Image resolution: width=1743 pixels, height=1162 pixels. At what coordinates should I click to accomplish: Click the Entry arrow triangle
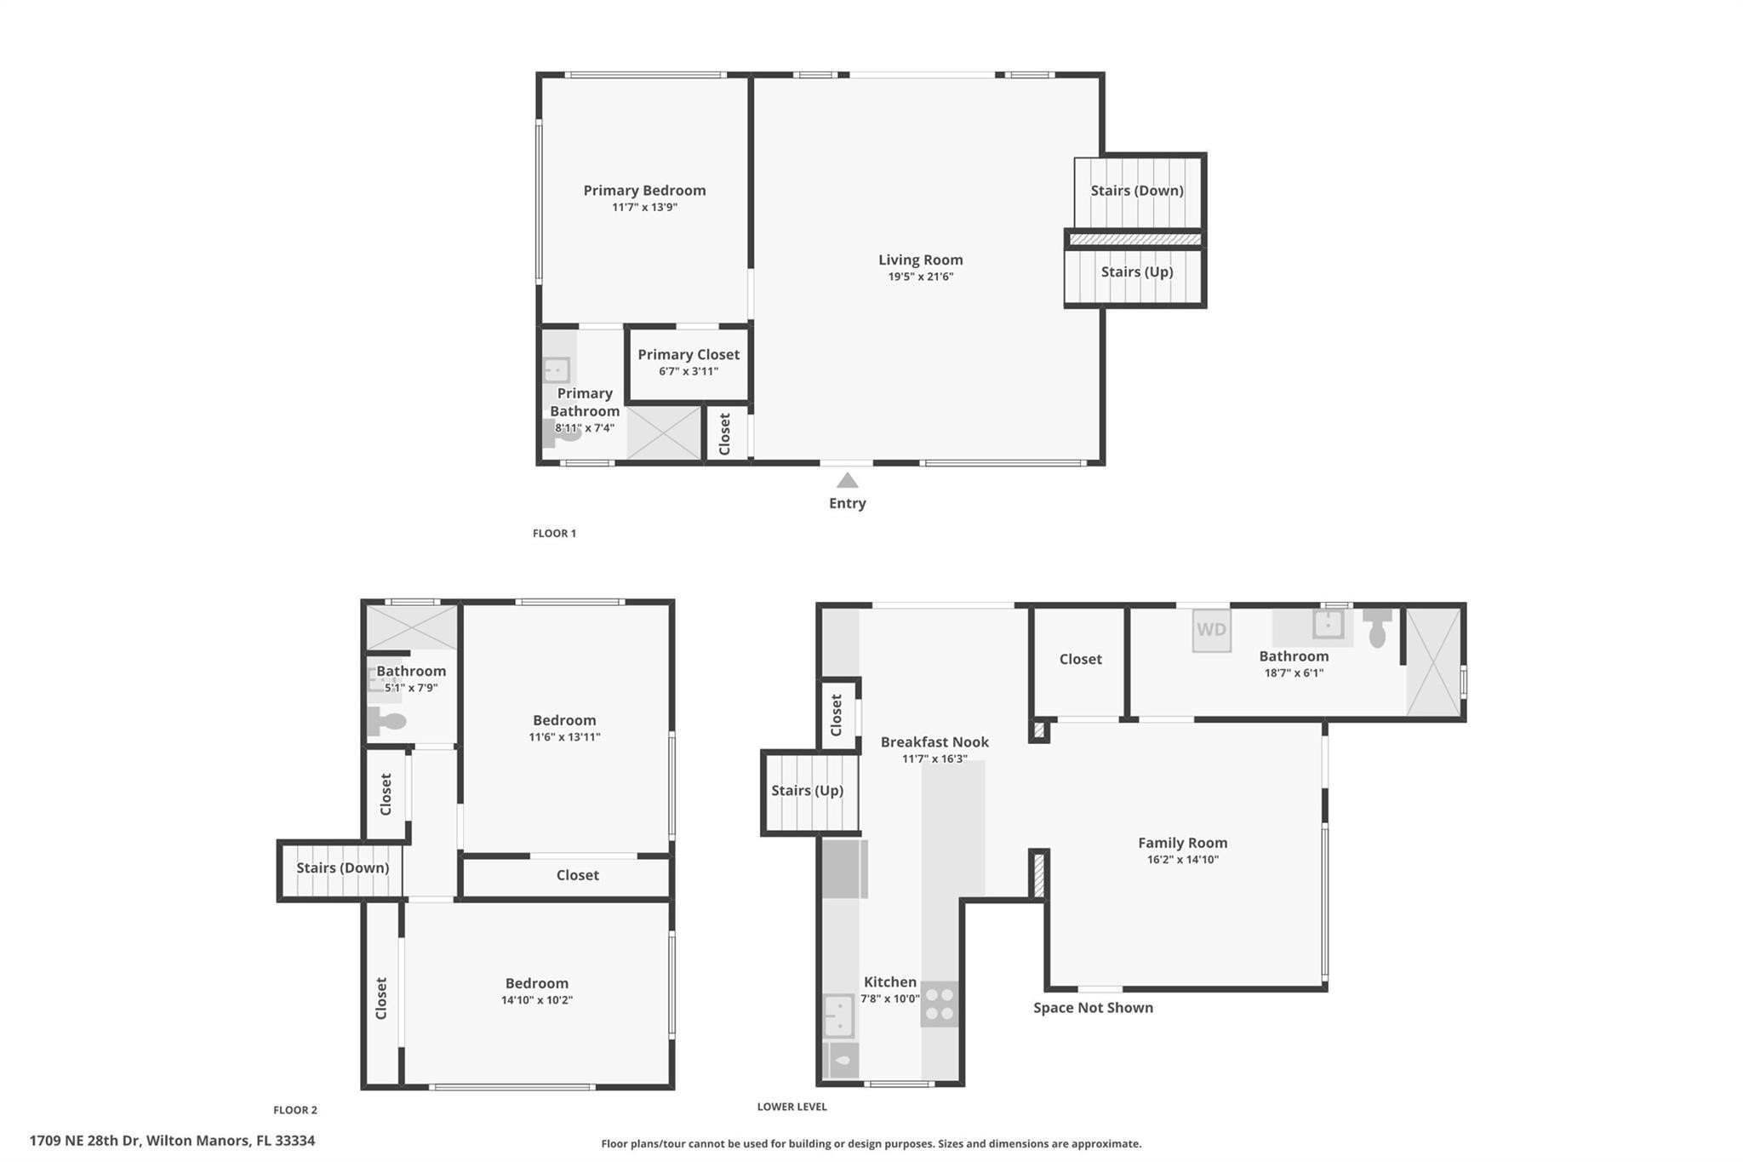(847, 480)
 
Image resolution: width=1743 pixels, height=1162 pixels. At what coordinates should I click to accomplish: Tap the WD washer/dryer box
(1211, 630)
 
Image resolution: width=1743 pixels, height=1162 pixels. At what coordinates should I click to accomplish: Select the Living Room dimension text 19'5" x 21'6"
(920, 277)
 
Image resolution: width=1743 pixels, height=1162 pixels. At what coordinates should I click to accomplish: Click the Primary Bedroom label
(644, 190)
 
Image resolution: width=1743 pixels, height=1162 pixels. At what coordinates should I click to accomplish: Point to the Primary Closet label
(689, 354)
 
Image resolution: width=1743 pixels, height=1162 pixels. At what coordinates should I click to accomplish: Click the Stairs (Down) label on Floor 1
(1137, 191)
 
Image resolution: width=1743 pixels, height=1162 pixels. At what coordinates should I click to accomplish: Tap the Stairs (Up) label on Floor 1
(1137, 272)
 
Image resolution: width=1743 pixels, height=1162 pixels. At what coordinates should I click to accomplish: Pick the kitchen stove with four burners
(940, 1004)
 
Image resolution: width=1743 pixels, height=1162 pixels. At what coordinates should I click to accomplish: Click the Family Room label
(1182, 843)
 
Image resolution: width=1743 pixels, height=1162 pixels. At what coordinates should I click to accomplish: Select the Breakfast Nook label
(934, 741)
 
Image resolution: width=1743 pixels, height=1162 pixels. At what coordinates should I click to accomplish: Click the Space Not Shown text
(1093, 1008)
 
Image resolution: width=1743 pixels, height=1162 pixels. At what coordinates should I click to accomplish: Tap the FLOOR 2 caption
(295, 1110)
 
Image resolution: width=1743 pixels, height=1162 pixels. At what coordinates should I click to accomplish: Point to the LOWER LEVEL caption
(791, 1107)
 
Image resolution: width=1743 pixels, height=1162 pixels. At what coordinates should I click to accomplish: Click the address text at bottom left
(172, 1141)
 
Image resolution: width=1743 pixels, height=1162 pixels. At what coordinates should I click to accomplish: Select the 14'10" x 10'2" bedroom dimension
(536, 1000)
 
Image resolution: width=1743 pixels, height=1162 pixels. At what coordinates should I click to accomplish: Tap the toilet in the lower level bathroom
(1377, 628)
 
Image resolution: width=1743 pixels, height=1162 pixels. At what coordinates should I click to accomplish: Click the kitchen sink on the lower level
(839, 1016)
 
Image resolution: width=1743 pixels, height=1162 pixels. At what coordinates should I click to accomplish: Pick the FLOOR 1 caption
(554, 534)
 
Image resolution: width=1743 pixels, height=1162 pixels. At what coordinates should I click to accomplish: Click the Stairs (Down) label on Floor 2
(342, 867)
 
